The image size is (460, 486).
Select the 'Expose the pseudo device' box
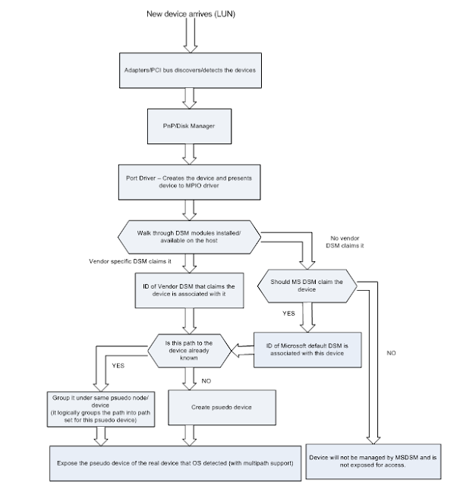coord(178,461)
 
